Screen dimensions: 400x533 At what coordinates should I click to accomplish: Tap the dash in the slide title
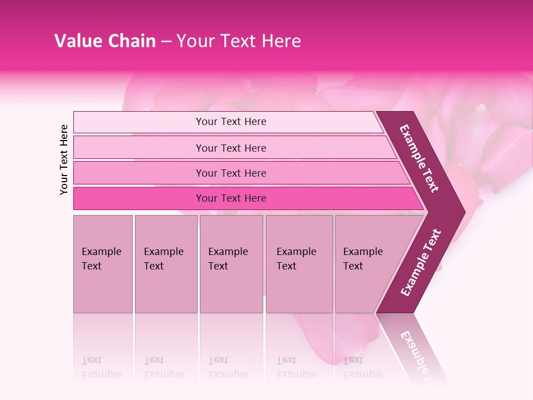pos(166,42)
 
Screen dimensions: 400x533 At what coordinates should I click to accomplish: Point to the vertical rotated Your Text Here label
pos(64,159)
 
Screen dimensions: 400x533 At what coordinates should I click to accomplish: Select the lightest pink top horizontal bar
pos(139,122)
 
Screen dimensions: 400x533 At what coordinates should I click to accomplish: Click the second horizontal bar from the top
pos(139,148)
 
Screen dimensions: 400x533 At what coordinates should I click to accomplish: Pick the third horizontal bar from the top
pos(139,173)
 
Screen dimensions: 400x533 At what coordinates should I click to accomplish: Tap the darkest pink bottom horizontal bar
pos(139,198)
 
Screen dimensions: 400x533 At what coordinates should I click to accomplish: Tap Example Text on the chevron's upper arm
pos(419,158)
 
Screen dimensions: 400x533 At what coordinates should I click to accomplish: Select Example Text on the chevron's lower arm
pos(421,262)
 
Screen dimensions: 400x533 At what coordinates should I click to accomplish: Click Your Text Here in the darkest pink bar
pos(231,198)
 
